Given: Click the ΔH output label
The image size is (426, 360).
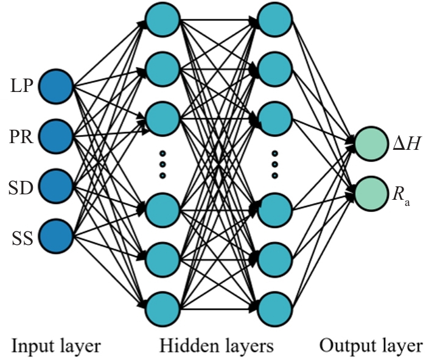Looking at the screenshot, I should (403, 143).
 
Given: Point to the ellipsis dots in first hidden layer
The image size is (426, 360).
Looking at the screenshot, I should (162, 164).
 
